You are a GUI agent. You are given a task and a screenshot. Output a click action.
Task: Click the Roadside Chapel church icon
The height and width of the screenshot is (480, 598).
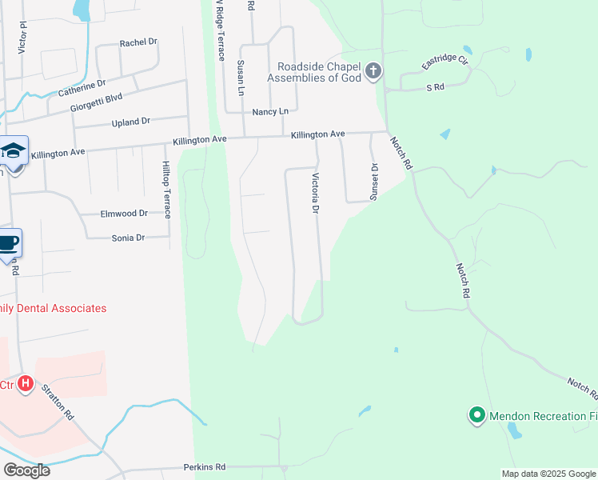tap(373, 73)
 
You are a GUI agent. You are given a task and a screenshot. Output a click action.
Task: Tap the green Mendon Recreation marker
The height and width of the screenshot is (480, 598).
tap(477, 414)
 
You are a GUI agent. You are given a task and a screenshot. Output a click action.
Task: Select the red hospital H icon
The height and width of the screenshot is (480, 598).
tap(26, 384)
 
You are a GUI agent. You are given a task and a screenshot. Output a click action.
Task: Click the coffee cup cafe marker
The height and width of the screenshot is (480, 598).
tap(8, 242)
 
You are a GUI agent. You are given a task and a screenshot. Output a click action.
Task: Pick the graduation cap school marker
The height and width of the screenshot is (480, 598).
tap(14, 150)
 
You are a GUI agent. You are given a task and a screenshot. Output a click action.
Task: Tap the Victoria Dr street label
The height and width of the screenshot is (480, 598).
tap(315, 193)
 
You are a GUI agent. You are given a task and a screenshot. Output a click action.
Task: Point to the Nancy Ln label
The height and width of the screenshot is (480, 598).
tap(270, 112)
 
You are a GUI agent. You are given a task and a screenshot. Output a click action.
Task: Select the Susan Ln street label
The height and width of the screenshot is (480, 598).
tap(240, 77)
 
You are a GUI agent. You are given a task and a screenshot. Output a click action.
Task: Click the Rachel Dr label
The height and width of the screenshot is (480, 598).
tap(140, 43)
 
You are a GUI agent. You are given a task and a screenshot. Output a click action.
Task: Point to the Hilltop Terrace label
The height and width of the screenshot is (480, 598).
tap(166, 189)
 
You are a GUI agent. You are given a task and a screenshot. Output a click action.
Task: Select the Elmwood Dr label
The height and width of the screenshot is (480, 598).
tap(124, 214)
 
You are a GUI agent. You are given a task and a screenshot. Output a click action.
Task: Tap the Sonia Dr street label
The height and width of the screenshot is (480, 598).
tap(128, 238)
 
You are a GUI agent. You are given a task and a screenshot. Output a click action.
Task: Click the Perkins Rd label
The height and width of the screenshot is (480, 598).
tap(205, 466)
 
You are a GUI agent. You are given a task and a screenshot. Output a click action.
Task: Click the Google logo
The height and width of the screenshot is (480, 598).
tap(26, 470)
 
